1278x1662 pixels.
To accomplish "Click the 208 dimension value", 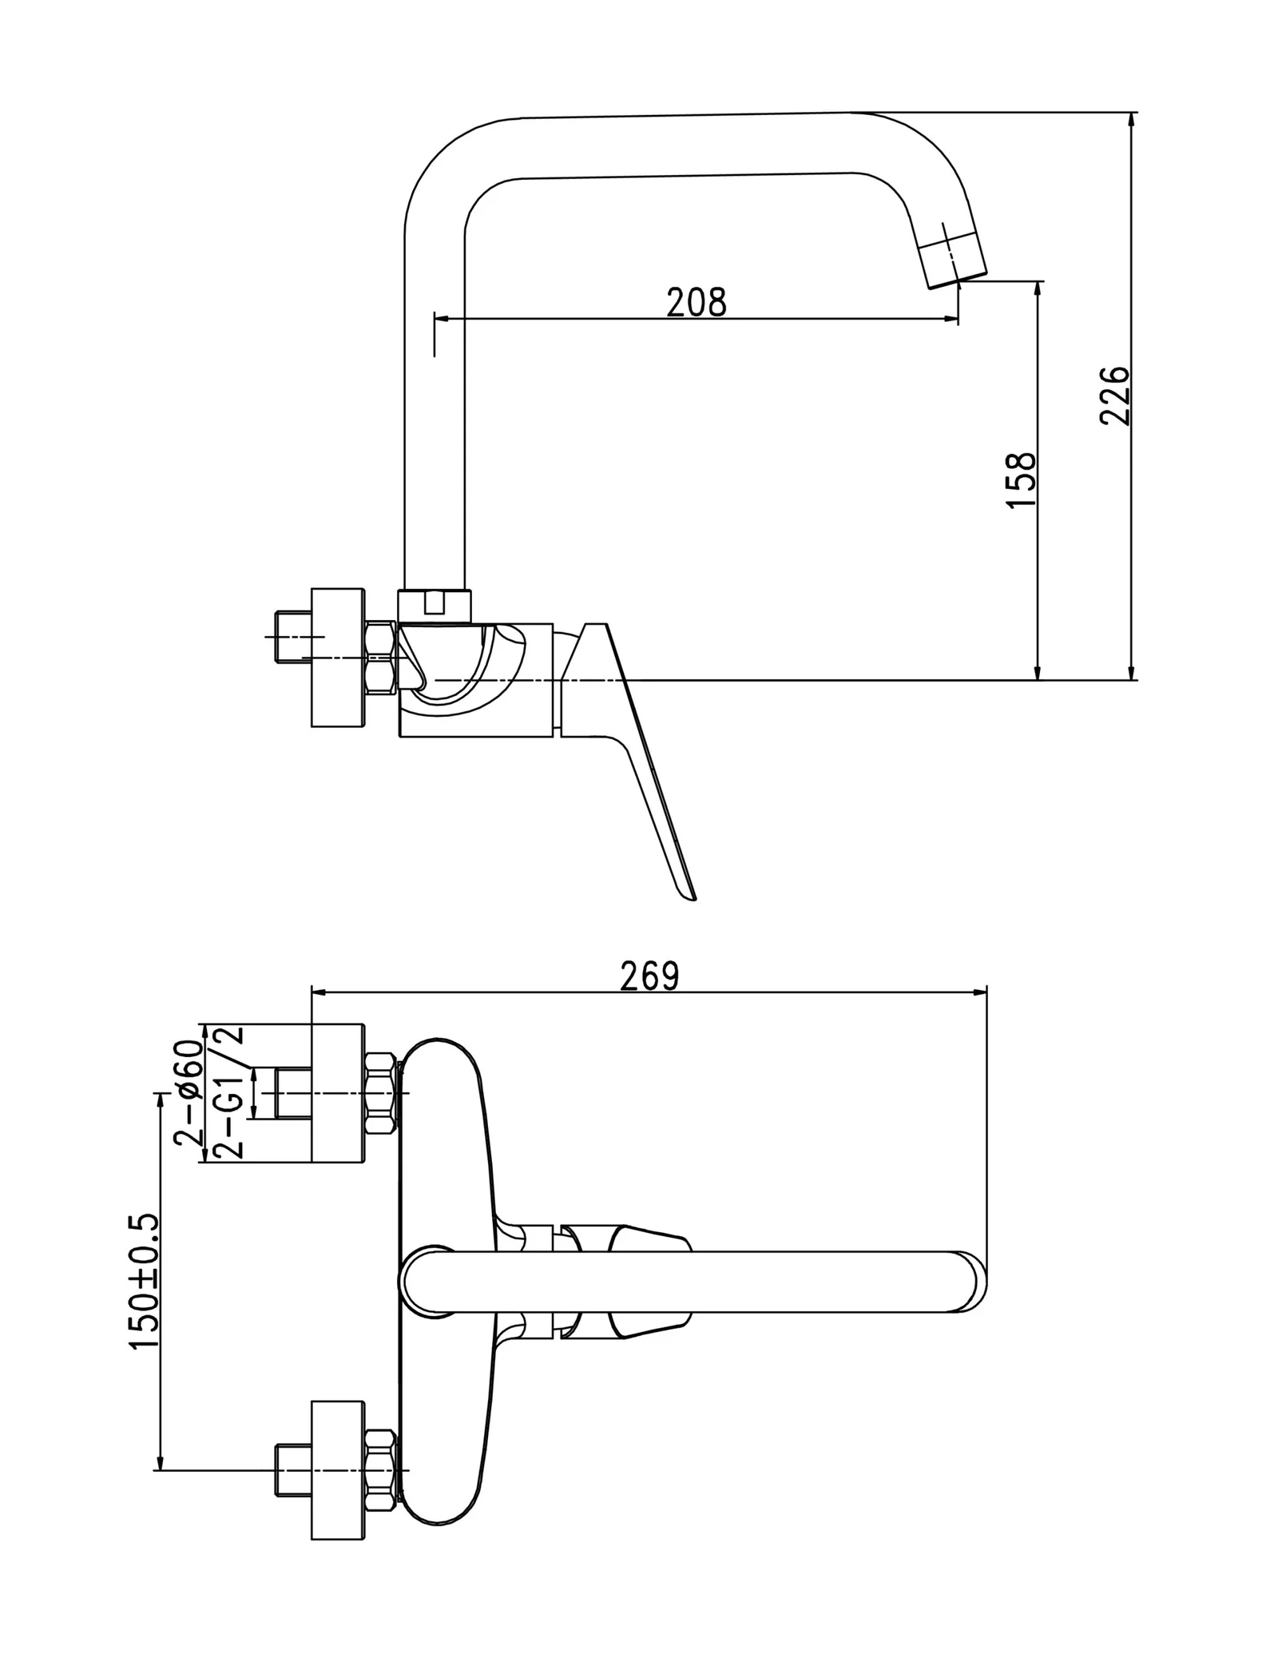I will tap(696, 303).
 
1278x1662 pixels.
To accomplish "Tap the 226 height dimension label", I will tap(1115, 396).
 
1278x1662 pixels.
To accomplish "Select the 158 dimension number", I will tap(1022, 479).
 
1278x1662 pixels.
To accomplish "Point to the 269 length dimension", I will tap(649, 976).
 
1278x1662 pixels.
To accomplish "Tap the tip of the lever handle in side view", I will tap(690, 896).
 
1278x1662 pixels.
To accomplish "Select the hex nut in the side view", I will tap(379, 658).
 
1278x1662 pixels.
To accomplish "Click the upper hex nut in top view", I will tap(380, 1094).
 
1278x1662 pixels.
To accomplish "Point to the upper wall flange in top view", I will tap(337, 1092).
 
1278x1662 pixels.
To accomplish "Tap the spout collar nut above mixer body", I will tap(435, 606).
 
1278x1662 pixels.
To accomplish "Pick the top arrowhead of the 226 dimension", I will tap(1130, 120).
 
